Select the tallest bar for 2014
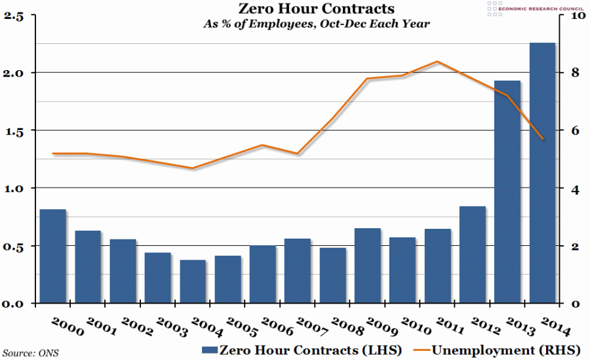[543, 173]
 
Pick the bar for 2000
[53, 256]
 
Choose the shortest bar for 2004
[193, 282]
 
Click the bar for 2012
[473, 255]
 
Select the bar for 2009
[368, 266]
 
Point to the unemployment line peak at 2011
[437, 62]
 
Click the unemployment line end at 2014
[542, 139]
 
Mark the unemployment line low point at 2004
[193, 169]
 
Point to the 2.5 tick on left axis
[14, 16]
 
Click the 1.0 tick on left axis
[14, 189]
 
